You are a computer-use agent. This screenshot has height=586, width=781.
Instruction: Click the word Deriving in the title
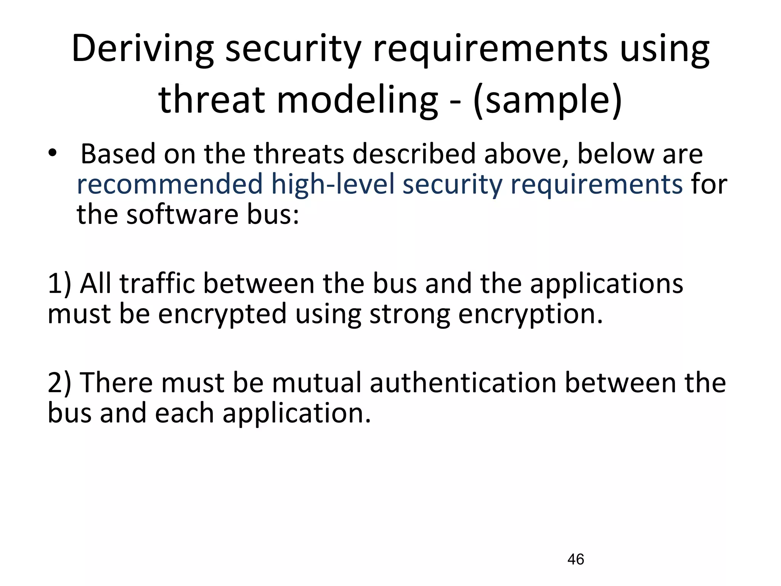pos(142,49)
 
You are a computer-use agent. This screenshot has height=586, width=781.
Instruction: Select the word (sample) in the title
pos(547,100)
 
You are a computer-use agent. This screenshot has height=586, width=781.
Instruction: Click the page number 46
pos(575,559)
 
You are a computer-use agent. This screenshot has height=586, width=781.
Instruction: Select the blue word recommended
pos(170,184)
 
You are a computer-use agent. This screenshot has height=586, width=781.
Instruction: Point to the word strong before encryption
pos(409,314)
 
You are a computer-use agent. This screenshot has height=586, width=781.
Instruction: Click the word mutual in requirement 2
pos(317,383)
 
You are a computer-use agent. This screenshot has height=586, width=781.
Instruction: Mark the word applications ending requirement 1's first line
pos(606,284)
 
